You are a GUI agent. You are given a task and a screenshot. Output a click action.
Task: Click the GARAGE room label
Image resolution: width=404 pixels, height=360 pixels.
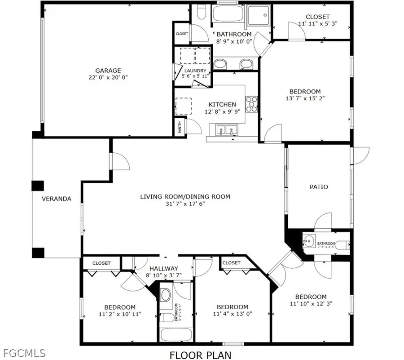108,71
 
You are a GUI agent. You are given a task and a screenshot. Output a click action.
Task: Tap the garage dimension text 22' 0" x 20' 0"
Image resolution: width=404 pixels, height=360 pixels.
108,77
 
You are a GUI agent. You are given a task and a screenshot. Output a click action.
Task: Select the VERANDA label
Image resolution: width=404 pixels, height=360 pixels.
57,199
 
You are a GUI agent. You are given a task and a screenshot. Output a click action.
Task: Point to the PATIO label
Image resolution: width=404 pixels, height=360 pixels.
319,187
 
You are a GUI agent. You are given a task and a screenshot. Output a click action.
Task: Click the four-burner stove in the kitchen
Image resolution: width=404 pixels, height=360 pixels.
251,103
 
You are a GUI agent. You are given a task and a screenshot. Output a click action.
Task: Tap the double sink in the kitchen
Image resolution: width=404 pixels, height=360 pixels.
227,131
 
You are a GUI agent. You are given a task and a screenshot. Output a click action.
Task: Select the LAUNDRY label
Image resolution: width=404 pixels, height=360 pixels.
195,71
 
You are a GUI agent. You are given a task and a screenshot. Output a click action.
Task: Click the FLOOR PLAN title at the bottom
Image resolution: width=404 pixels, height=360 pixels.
201,355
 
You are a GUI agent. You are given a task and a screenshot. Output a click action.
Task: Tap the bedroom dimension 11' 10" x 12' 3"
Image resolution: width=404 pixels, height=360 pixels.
311,303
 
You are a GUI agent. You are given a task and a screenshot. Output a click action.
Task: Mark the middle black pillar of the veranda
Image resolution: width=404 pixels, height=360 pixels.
37,186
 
